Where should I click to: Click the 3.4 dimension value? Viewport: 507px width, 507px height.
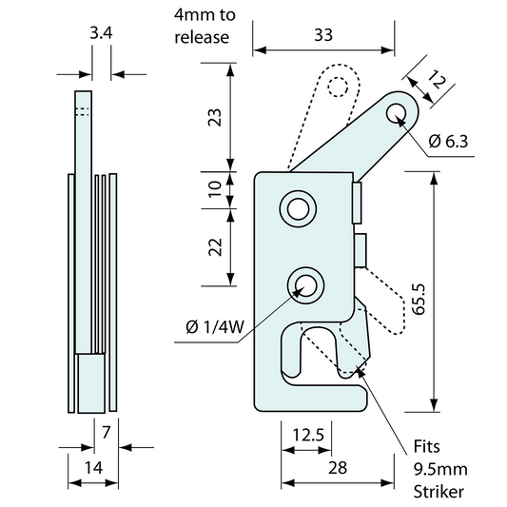pos(101,34)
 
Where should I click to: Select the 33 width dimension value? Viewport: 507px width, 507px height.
pos(323,34)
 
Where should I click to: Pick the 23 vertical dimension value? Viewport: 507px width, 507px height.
pos(215,117)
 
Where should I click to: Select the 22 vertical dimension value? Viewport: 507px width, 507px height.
pos(215,246)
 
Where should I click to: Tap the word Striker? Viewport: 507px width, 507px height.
pos(439,491)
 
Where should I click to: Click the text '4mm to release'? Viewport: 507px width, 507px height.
pos(202,27)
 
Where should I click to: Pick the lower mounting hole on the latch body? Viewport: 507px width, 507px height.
pos(305,283)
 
